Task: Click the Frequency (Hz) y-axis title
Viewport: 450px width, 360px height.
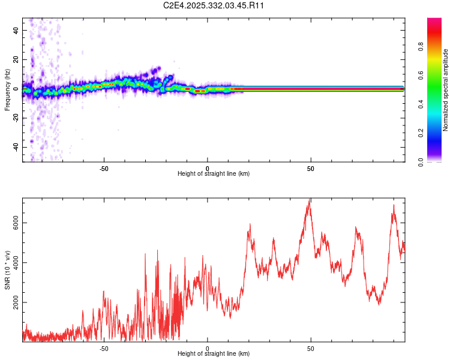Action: click(7, 90)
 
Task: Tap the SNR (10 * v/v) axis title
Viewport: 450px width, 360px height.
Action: click(7, 270)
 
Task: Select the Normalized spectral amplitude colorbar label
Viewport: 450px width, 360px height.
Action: click(446, 90)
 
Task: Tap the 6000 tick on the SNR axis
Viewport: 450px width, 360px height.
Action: click(16, 223)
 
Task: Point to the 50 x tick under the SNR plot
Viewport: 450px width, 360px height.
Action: click(311, 347)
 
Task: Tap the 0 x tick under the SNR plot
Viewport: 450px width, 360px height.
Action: click(208, 347)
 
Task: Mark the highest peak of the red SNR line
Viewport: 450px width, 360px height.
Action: click(310, 199)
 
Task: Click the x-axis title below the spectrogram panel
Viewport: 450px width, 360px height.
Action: click(214, 174)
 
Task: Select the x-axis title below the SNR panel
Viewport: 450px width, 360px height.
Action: click(214, 354)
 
